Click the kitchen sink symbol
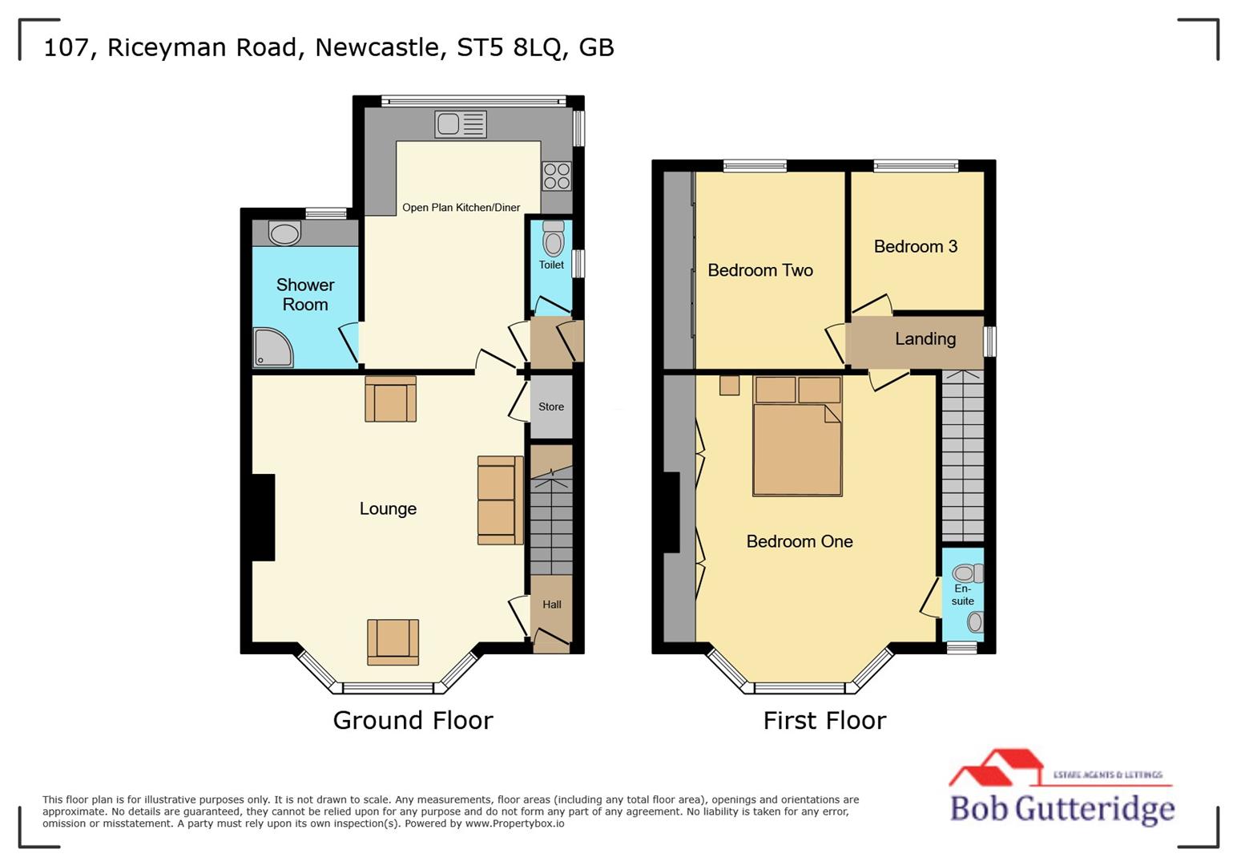tap(461, 124)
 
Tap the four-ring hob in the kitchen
tap(557, 176)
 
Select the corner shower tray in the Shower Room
tap(272, 347)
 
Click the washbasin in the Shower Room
tap(284, 233)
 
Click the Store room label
tap(551, 407)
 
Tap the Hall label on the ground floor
tap(552, 605)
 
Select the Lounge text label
tap(388, 508)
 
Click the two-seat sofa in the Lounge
tap(500, 500)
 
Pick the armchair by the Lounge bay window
tap(393, 641)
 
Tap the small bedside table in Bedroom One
tap(729, 386)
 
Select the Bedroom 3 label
tap(916, 246)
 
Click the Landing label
tap(925, 338)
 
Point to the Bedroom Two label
tap(760, 270)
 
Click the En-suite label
tap(963, 595)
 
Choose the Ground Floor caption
tap(413, 720)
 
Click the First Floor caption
tap(824, 720)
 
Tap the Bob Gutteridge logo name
tap(1062, 807)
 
